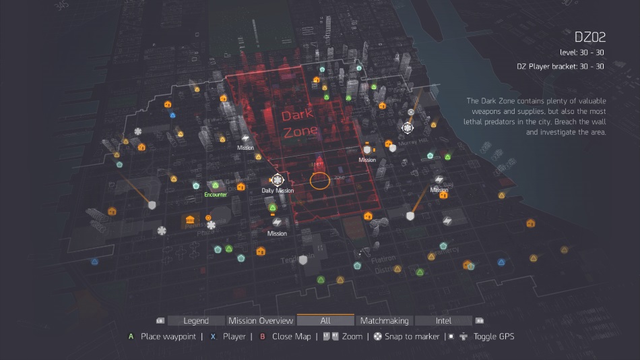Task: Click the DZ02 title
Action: (x=589, y=37)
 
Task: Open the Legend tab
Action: (x=196, y=321)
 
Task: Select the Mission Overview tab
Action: (x=261, y=321)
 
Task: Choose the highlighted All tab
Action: (x=325, y=321)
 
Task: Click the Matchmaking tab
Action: (x=385, y=321)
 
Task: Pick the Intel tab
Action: (x=443, y=321)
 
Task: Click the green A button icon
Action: (x=131, y=336)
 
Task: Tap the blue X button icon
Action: (x=213, y=336)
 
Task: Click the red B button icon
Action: (x=263, y=336)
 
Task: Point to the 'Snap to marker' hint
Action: (x=412, y=336)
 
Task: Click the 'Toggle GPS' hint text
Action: (x=494, y=336)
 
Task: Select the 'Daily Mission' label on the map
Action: (x=278, y=191)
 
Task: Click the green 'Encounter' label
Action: (x=216, y=195)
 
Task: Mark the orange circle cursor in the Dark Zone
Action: (x=320, y=180)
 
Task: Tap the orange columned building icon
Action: (x=190, y=220)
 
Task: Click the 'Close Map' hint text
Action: (x=291, y=336)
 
